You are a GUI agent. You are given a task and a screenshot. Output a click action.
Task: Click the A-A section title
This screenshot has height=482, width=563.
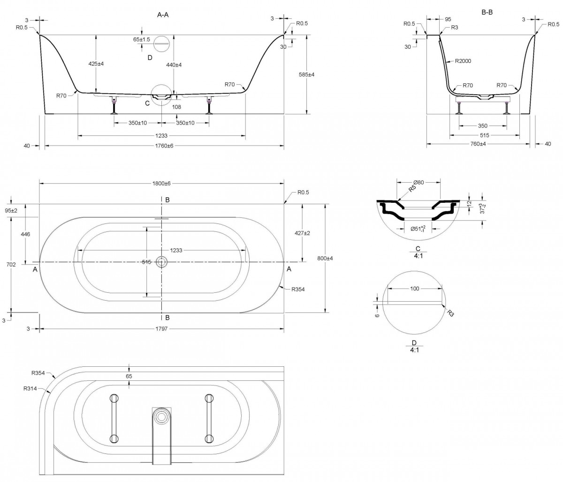click(163, 15)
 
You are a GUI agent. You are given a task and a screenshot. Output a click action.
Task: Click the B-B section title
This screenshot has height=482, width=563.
click(487, 12)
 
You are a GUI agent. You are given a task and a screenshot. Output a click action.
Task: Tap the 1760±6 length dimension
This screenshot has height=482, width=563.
click(164, 146)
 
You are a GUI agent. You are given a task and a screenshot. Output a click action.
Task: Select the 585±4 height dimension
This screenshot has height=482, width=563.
click(306, 74)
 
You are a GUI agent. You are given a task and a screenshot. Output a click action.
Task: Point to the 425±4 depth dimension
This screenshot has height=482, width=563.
click(96, 64)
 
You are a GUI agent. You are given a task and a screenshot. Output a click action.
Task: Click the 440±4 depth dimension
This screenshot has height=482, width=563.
click(174, 65)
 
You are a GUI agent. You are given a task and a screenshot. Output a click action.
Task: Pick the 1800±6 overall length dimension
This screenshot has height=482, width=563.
click(161, 184)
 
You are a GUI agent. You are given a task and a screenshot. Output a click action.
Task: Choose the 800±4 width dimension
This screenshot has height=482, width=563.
click(325, 259)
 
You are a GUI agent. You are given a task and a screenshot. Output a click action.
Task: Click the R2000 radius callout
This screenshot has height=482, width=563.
click(463, 61)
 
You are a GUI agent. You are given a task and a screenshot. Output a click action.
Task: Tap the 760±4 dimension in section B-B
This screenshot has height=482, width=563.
click(478, 144)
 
